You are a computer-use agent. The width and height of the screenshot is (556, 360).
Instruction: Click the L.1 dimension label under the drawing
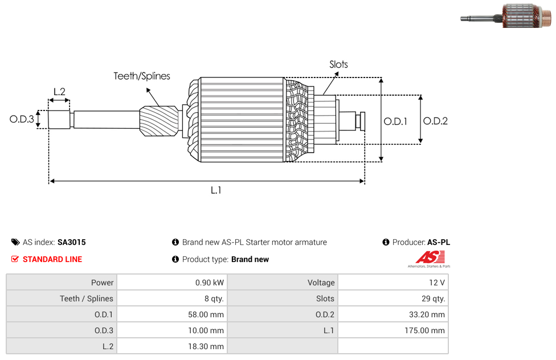[216, 190]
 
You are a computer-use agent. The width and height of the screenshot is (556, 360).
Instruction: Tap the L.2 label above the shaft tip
[59, 92]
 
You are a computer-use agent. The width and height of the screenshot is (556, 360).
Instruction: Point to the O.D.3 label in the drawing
[22, 119]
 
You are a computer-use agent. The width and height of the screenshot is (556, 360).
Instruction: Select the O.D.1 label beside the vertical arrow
[395, 122]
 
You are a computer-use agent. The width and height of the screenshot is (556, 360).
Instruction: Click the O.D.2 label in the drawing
[435, 121]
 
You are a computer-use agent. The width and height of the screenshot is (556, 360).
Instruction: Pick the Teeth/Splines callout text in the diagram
[142, 76]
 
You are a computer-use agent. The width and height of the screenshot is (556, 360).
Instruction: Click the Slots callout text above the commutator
[338, 64]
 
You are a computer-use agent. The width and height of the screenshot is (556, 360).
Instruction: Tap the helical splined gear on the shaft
[159, 121]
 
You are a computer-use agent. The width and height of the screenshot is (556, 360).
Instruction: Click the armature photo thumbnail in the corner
[506, 16]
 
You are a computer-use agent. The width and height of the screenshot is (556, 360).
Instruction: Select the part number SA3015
[72, 242]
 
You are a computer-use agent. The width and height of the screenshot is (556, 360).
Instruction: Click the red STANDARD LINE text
[52, 259]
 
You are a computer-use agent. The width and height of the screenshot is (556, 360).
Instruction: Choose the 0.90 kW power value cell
[173, 283]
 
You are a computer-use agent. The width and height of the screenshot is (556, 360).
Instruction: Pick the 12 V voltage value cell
[393, 283]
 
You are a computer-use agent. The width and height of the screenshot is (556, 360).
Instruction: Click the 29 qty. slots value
[434, 298]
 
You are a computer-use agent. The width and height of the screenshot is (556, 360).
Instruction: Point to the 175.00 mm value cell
[393, 330]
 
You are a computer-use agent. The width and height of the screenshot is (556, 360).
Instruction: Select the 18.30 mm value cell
[173, 346]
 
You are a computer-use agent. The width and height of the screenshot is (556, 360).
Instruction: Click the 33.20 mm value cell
[393, 314]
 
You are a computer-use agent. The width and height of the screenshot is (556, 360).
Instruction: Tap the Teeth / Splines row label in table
[87, 298]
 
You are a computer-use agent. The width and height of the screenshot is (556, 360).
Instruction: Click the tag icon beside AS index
[15, 242]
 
